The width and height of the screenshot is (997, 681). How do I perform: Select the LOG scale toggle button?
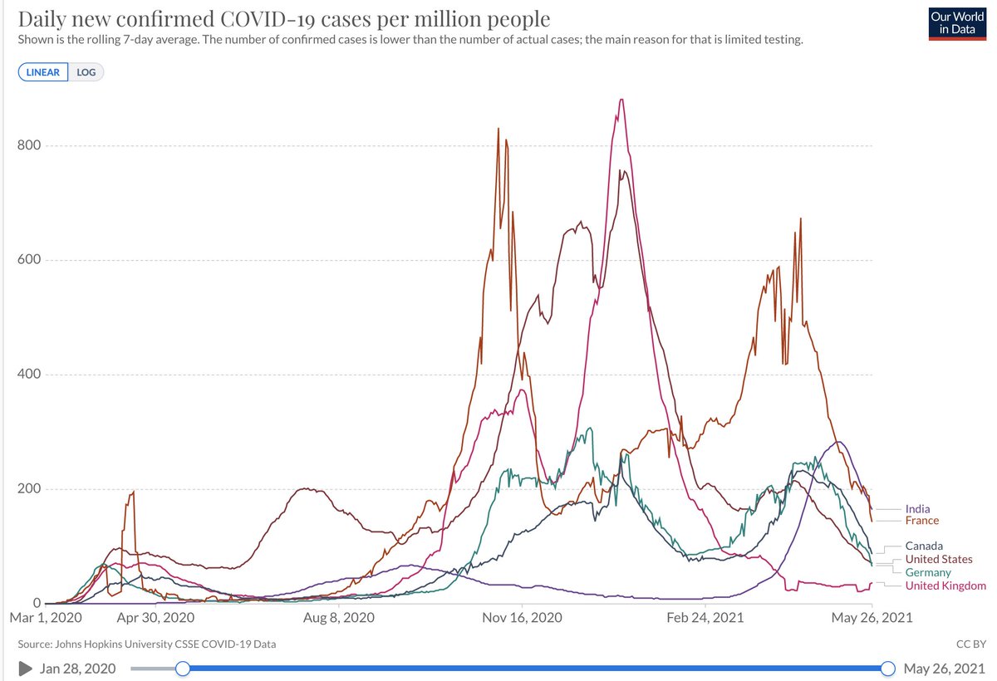pos(86,72)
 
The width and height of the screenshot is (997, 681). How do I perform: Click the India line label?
pos(917,509)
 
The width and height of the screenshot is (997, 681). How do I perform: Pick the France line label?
pos(922,521)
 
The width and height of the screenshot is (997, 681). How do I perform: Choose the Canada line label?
pos(924,546)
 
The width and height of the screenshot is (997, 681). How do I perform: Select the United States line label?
pos(939,560)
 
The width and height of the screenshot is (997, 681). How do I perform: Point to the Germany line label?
pos(928,573)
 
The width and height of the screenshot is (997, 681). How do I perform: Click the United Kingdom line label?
pos(945,586)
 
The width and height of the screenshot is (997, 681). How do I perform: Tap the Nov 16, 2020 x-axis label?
pos(522,618)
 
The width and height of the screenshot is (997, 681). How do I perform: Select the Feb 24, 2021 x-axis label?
pos(705,618)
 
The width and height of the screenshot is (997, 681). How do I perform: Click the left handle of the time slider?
pos(183,669)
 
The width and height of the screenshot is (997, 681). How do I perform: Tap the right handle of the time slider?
pos(887,669)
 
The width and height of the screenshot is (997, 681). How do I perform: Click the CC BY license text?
pos(969,644)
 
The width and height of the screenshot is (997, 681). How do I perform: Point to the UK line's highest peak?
pos(621,100)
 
